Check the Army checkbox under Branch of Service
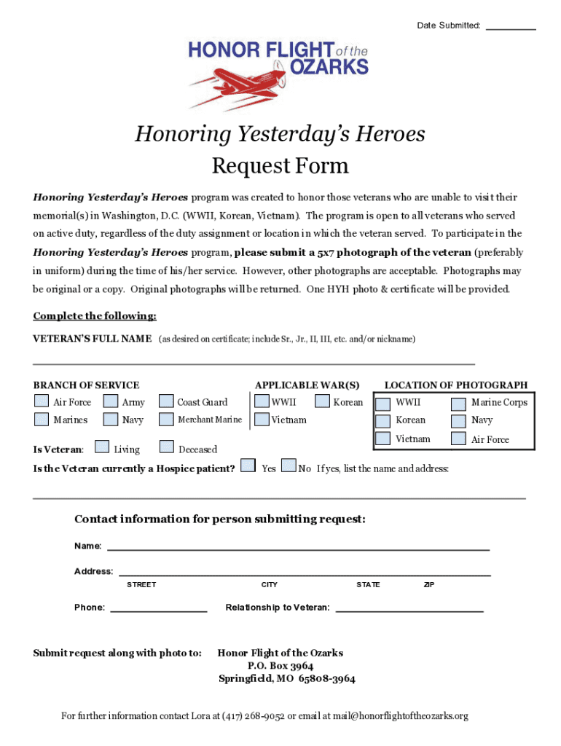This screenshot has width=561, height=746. pos(111,401)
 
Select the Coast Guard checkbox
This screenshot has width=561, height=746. pos(166,401)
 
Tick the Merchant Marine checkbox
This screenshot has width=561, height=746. pos(166,420)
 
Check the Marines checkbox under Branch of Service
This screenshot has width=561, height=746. pos(42,420)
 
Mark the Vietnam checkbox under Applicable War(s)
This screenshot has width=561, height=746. pos(261,420)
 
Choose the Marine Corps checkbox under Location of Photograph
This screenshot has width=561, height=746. pos(458,403)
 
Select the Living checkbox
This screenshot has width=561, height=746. pos(103,448)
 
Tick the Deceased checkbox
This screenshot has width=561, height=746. pos(167,448)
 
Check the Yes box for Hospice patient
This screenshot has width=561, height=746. pos(248,466)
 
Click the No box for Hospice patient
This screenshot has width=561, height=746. pos(289,466)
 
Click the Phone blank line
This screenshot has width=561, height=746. pos(158,608)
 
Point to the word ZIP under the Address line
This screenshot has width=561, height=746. pos(429,585)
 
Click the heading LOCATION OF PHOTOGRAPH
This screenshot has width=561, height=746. pos(455,385)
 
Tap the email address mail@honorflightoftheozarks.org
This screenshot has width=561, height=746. pos(399,715)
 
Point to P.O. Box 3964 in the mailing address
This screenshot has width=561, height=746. pos(280,666)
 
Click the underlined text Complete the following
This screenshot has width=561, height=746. pos(95,316)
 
